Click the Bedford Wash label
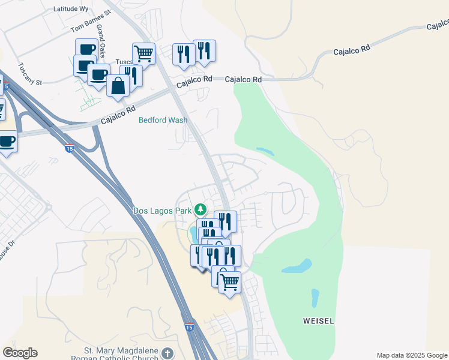[x=163, y=120]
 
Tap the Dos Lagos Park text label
[x=161, y=211]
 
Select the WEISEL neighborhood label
[x=318, y=321]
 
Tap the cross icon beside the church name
[x=167, y=353]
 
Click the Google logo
[x=20, y=353]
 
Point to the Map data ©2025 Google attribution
[x=412, y=355]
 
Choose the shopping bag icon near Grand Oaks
[x=118, y=86]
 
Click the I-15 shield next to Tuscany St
[x=6, y=88]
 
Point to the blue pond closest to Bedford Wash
[x=265, y=151]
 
